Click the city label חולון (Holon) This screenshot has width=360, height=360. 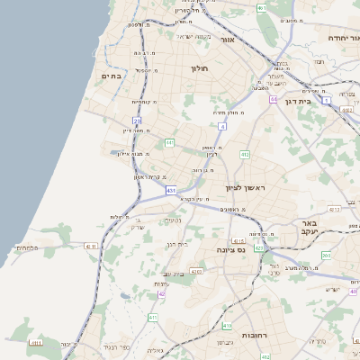click(199, 67)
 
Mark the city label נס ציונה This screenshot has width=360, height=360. click(230, 249)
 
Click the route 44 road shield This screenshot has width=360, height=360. click(273, 99)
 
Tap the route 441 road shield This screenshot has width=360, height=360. click(169, 142)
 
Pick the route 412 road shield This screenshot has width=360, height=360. click(244, 155)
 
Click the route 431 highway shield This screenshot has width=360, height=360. click(171, 190)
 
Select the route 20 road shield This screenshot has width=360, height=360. click(138, 120)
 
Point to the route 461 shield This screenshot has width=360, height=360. click(262, 7)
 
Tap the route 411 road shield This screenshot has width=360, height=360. click(153, 318)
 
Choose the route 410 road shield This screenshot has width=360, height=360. click(227, 326)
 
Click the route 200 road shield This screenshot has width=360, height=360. click(325, 256)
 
